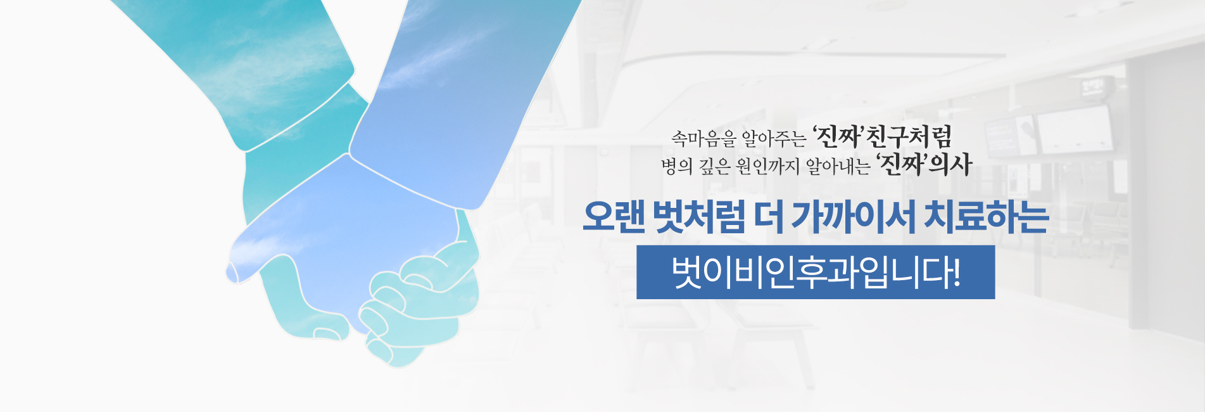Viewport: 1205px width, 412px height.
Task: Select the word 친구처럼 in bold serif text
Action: [x=909, y=136]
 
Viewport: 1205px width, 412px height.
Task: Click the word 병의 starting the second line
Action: [x=677, y=166]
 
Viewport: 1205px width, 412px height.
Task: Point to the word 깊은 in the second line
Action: [x=715, y=166]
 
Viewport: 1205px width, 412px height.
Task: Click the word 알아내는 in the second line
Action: [x=838, y=166]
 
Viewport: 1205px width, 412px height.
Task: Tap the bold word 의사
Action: [x=950, y=165]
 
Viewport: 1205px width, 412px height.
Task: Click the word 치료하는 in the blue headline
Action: [x=986, y=217]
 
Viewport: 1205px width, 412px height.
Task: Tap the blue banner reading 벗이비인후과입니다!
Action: [x=816, y=272]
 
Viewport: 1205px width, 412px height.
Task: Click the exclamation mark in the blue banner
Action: [x=956, y=272]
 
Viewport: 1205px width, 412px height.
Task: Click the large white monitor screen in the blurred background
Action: [x=1075, y=131]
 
